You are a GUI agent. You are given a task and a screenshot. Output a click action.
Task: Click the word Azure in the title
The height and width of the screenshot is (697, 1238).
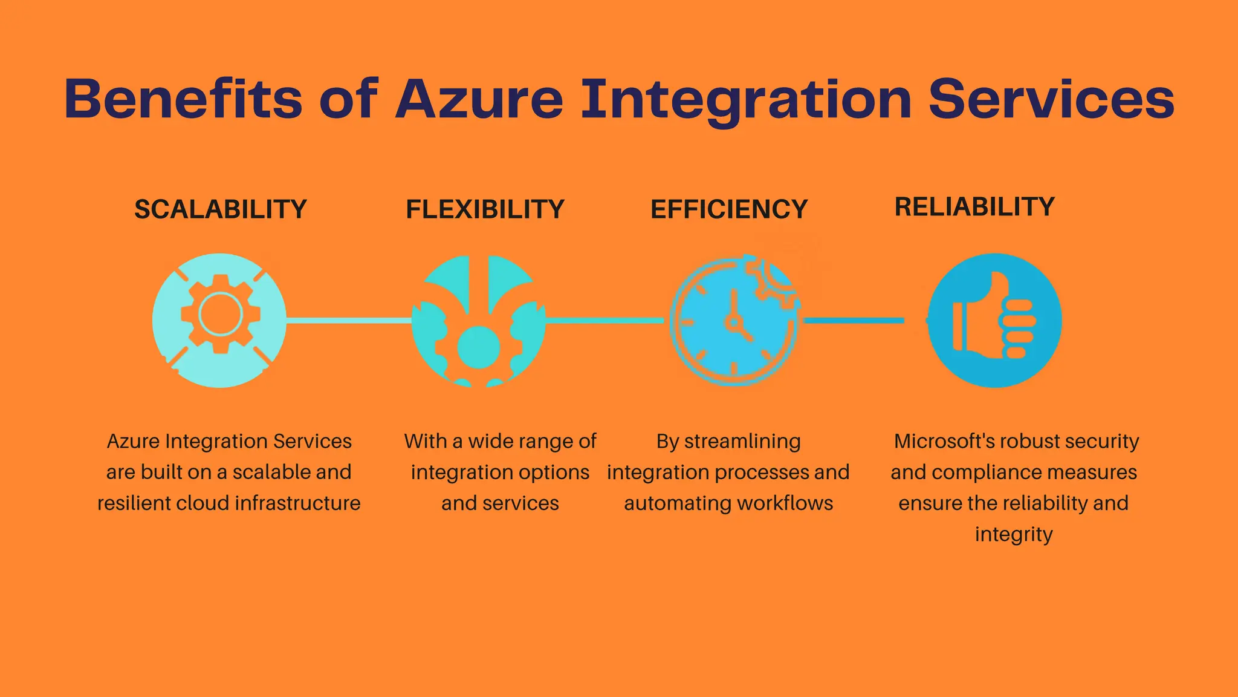(x=479, y=99)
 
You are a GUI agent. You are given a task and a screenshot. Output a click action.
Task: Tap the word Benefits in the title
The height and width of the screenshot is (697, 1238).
(x=183, y=99)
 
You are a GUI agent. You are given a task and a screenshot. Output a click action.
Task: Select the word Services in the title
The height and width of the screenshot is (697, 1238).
(x=1051, y=99)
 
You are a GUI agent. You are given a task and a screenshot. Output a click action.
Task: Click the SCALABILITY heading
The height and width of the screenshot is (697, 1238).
(x=221, y=209)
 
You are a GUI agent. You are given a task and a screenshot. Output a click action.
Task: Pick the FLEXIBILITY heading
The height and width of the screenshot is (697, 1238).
(x=485, y=209)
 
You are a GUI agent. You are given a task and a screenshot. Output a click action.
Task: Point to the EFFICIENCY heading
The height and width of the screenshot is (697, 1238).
(x=729, y=209)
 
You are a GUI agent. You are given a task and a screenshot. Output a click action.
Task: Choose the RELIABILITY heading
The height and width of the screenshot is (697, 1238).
(x=974, y=207)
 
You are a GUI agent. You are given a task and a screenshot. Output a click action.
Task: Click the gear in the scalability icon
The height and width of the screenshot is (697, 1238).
(x=221, y=314)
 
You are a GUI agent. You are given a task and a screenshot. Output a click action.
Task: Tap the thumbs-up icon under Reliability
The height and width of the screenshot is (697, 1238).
(x=994, y=320)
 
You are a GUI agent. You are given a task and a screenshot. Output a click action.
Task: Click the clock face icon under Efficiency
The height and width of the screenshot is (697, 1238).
(x=733, y=324)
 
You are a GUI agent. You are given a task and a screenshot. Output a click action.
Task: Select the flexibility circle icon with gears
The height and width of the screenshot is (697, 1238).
(x=479, y=321)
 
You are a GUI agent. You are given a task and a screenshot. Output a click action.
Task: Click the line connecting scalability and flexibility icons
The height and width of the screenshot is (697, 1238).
(x=349, y=320)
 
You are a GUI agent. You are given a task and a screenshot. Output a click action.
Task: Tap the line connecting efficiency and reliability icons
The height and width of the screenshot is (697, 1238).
(x=854, y=320)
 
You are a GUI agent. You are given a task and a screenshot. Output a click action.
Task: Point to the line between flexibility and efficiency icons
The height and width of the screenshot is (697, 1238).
(x=604, y=320)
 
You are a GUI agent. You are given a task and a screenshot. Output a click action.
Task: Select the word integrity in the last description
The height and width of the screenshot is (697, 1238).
(x=1014, y=534)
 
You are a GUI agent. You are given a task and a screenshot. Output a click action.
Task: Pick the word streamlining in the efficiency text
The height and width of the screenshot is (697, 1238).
(x=742, y=441)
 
